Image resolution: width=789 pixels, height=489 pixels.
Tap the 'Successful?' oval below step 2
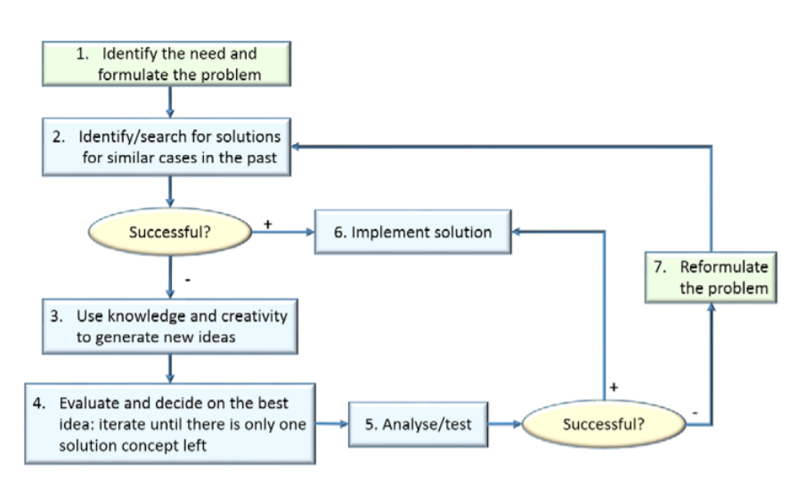click(x=170, y=232)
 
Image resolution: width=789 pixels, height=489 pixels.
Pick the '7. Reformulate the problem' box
click(x=710, y=276)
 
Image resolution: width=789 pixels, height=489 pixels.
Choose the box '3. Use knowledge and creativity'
click(x=169, y=326)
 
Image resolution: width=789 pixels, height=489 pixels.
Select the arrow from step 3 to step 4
click(x=170, y=367)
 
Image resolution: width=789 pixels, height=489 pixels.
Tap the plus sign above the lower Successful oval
click(x=614, y=385)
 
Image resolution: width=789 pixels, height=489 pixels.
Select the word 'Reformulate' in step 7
click(x=724, y=266)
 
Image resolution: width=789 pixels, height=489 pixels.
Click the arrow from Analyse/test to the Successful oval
click(x=505, y=424)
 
